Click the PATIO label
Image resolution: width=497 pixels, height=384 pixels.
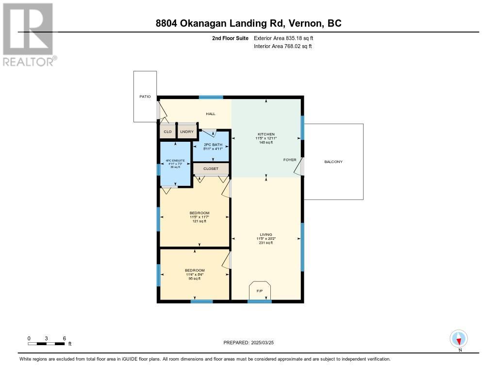145,97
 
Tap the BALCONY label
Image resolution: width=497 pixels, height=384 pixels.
333,162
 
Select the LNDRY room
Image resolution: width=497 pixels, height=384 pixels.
187,131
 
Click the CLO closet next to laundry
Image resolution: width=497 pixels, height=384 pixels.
167,131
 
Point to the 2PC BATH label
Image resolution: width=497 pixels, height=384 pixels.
213,145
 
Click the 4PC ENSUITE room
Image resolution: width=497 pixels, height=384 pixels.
175,164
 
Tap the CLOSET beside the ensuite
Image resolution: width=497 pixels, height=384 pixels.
211,168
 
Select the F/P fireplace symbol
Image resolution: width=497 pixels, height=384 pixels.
260,290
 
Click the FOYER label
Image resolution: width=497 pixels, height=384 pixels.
290,160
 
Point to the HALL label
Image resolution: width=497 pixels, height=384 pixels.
211,114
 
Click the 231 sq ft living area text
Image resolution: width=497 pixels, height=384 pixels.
265,243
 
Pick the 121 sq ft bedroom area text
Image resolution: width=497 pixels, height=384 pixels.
199,221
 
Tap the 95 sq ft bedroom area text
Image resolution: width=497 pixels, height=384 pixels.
195,278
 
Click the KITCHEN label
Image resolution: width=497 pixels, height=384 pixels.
266,134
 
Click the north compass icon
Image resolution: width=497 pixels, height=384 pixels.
458,339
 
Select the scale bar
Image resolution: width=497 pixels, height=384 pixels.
46,344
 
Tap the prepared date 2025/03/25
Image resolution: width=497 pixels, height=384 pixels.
263,342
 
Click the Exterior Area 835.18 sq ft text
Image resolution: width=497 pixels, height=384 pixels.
283,38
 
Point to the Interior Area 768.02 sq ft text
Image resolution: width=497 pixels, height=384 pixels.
283,46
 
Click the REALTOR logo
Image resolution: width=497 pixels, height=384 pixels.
29,35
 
